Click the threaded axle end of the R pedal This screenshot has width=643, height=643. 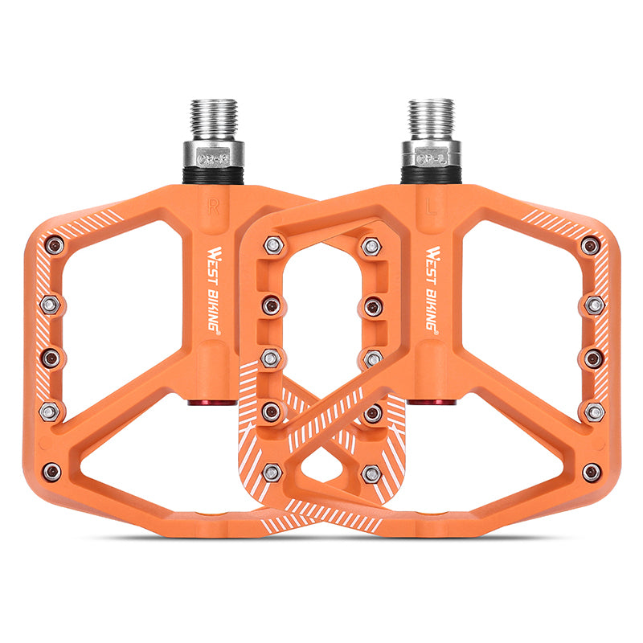coord(213,117)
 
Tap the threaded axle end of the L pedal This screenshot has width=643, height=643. coord(431,117)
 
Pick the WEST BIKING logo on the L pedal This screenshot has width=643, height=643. coord(432,290)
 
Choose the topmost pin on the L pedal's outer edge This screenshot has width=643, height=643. coord(591,246)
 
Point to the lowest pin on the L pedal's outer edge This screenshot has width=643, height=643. coord(592,472)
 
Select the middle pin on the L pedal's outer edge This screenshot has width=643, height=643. coord(593,358)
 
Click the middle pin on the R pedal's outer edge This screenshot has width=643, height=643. coord(51,358)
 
